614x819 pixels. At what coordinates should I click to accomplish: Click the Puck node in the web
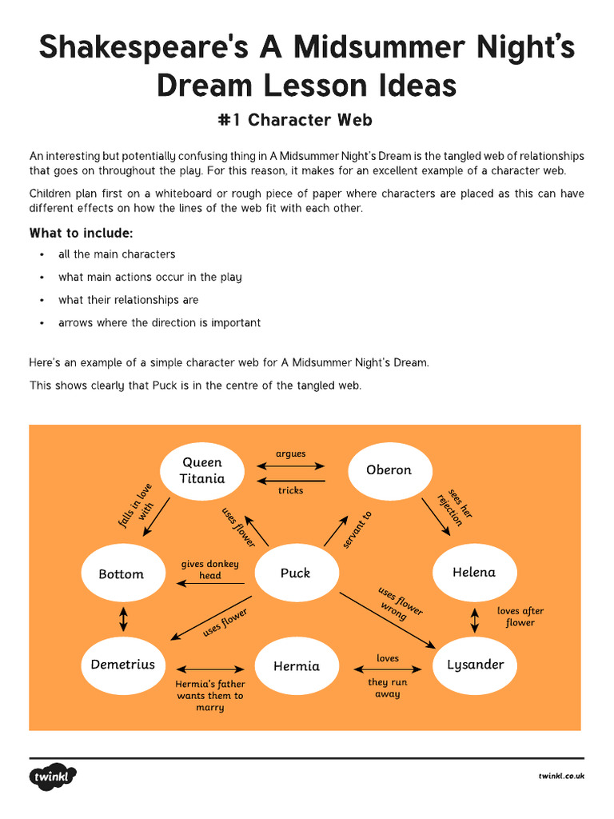coord(295,573)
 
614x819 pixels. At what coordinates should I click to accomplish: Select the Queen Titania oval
coord(201,470)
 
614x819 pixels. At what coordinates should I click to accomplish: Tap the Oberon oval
coord(389,470)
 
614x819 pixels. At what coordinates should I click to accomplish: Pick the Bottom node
coord(122,574)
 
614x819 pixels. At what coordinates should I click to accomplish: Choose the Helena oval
coord(474,573)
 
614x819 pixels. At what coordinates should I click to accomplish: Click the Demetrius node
coord(122,665)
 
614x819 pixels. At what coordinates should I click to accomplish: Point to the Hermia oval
coord(297,666)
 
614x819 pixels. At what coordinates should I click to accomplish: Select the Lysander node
coord(475,665)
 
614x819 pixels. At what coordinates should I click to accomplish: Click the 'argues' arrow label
coord(291,453)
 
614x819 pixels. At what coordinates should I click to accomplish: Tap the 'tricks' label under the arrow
coord(291,490)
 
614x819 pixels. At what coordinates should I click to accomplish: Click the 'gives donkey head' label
coord(209,569)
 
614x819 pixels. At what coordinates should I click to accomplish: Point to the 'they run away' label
coord(388,688)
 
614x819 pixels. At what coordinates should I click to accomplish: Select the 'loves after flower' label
coord(520,617)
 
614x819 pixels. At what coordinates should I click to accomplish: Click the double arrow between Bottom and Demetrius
coord(122,619)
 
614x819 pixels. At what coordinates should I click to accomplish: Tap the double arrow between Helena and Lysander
coord(475,618)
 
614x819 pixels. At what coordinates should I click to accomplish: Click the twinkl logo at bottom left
coord(54,777)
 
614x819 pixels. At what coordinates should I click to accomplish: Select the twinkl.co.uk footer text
coord(561,777)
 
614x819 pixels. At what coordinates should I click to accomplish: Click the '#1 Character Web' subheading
coord(295,120)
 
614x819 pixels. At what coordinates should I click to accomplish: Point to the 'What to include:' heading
coord(82,234)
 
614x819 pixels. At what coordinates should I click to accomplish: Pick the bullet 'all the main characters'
coord(117,254)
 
